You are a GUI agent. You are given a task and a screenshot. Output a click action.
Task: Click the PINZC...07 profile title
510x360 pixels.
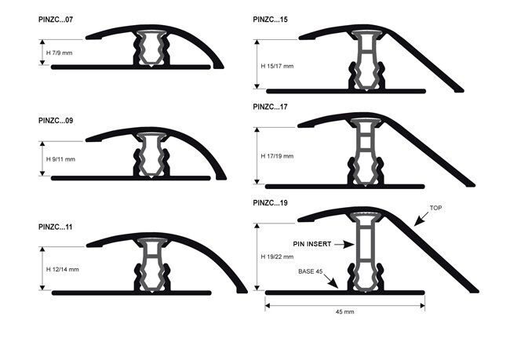point(56,20)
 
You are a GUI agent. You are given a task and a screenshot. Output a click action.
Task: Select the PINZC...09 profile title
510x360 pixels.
point(56,121)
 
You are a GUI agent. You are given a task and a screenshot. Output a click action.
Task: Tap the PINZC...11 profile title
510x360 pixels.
point(55,227)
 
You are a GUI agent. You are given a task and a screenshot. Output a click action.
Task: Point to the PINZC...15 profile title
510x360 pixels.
point(270,20)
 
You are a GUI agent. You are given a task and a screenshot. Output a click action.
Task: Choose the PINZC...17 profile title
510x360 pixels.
point(270,107)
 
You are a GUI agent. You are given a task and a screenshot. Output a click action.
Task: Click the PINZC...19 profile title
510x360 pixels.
point(270,203)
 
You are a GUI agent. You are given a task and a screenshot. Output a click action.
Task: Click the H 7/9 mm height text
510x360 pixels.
point(59,53)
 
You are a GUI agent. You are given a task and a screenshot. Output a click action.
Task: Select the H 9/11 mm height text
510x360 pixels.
point(61,159)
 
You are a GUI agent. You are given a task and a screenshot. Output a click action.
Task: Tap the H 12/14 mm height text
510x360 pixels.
point(63,269)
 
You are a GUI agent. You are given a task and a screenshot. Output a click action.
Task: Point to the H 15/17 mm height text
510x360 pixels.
point(277,66)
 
